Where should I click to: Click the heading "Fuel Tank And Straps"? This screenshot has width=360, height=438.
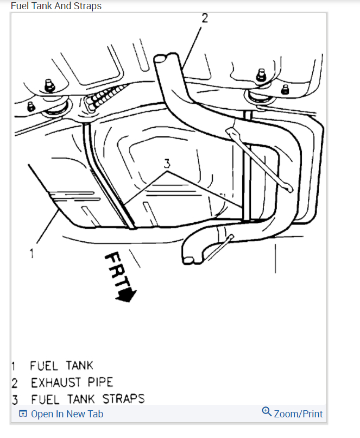click(x=56, y=6)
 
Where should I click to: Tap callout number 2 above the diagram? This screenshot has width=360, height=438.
click(x=204, y=18)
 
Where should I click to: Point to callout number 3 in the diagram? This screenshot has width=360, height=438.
click(x=167, y=162)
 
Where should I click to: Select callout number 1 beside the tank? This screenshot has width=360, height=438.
click(x=32, y=253)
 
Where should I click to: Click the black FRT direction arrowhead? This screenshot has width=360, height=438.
click(x=129, y=295)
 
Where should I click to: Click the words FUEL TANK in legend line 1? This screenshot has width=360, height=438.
click(x=61, y=366)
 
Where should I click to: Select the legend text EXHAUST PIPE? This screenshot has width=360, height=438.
click(x=72, y=383)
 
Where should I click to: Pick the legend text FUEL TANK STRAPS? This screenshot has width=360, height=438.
click(x=87, y=399)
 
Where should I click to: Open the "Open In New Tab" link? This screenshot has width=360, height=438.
click(x=67, y=414)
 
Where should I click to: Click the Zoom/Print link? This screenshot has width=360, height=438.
click(x=298, y=414)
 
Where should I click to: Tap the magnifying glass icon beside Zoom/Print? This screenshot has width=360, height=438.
click(x=267, y=412)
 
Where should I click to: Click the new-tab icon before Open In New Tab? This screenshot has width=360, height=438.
click(x=23, y=414)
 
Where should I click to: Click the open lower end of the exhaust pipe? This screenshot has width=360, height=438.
click(x=188, y=260)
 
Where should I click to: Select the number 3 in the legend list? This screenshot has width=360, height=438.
click(x=15, y=399)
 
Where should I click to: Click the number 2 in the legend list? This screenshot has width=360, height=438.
click(x=15, y=383)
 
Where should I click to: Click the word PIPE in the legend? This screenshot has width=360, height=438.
click(x=100, y=383)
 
